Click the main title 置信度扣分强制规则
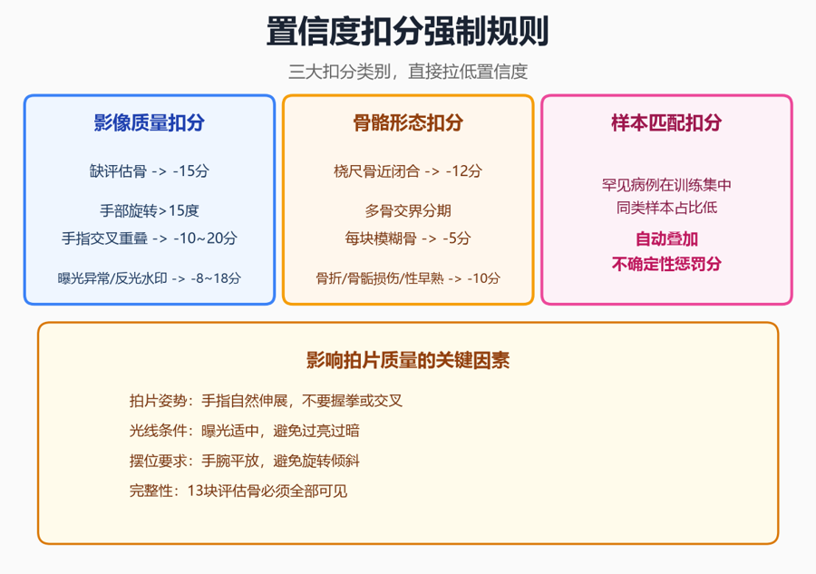407,31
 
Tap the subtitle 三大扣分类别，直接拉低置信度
408,72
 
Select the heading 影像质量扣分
150,122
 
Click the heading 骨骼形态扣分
408,122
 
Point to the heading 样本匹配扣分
666,122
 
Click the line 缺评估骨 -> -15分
150,170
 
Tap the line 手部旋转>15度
150,210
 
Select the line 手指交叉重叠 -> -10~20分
150,238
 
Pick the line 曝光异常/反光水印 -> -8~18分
150,278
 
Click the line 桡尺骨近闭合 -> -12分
408,170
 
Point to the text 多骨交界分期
408,210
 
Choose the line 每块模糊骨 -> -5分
408,238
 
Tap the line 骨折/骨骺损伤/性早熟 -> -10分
408,278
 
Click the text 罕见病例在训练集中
666,185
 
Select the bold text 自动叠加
666,238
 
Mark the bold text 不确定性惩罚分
666,264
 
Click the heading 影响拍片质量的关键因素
408,360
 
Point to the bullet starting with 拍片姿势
266,401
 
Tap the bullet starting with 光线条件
245,431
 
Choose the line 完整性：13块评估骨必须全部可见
238,491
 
